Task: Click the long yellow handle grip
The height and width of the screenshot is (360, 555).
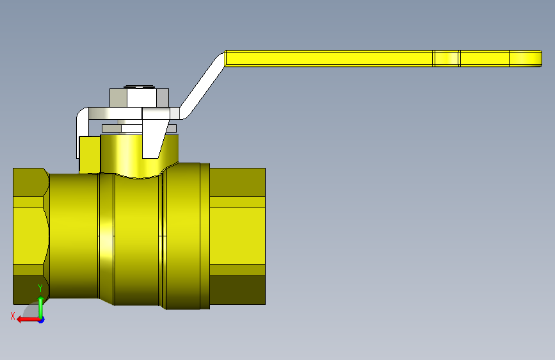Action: tap(383, 58)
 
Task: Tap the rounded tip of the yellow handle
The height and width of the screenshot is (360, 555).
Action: tap(540, 58)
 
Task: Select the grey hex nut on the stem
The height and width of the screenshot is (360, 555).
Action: tap(139, 98)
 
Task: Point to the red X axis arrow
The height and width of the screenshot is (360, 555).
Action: tap(29, 320)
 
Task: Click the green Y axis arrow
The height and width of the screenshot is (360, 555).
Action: tap(41, 307)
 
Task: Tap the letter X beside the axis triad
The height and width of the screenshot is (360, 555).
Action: tap(13, 316)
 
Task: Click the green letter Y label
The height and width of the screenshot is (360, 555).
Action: tap(40, 288)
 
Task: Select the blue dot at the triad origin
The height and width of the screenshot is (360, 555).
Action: tap(42, 320)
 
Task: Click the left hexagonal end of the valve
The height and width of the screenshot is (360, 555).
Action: tap(31, 236)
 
